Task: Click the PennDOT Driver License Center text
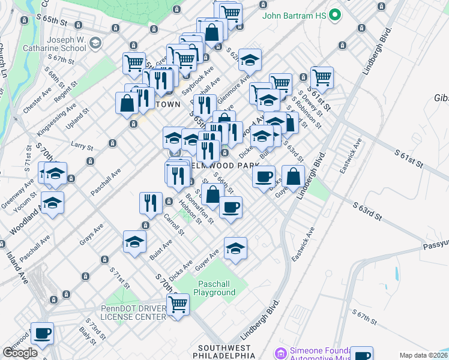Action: tap(133, 313)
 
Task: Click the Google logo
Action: tap(20, 353)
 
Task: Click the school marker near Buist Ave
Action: tap(134, 241)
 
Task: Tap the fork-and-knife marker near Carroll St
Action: tap(151, 203)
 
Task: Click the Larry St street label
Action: tap(82, 146)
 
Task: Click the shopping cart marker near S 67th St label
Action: tap(134, 63)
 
